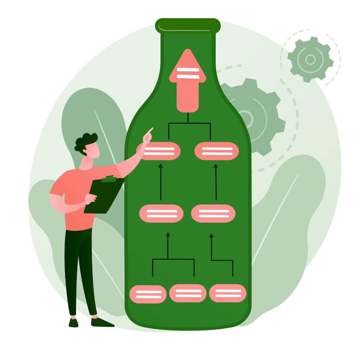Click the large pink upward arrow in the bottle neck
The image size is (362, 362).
pyautogui.click(x=188, y=81)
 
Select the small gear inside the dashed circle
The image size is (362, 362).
pyautogui.click(x=310, y=59)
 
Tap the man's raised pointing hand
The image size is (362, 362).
pyautogui.click(x=148, y=136)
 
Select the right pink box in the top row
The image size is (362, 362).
pyautogui.click(x=217, y=151)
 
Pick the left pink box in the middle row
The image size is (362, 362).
pyautogui.click(x=161, y=213)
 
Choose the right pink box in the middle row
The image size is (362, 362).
pyautogui.click(x=213, y=213)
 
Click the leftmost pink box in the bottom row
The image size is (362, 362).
pyautogui.click(x=148, y=294)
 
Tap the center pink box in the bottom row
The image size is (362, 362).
pyautogui.click(x=188, y=293)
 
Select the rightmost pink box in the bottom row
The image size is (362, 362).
pyautogui.click(x=228, y=293)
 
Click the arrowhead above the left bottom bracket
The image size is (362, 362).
pyautogui.click(x=168, y=234)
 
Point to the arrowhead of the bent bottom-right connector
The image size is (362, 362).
pyautogui.click(x=211, y=235)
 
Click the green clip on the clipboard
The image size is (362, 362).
pyautogui.click(x=109, y=179)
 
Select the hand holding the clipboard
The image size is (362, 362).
pyautogui.click(x=91, y=198)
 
